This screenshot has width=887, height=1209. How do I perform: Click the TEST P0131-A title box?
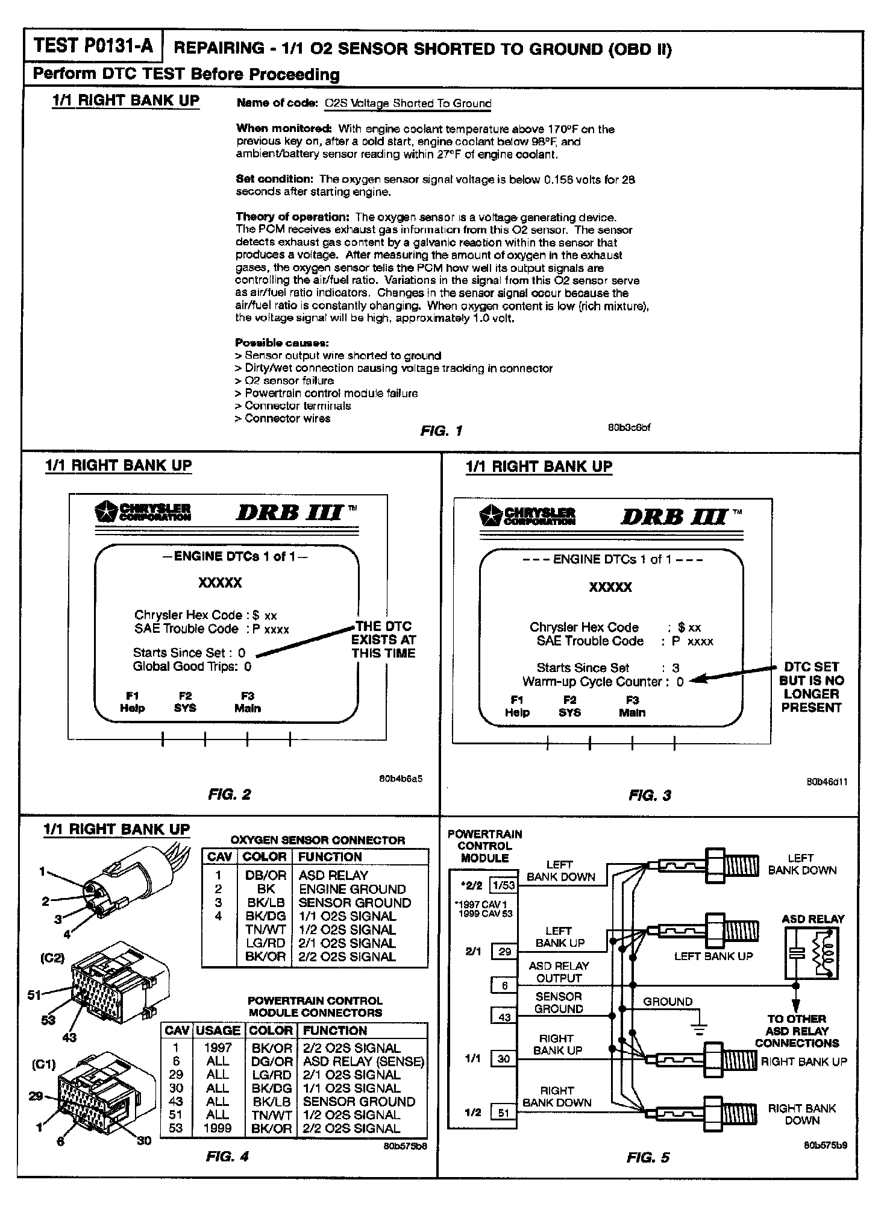coord(93,47)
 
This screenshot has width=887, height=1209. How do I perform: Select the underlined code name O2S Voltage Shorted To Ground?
coord(408,103)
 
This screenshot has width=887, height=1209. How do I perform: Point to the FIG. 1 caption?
coord(442,430)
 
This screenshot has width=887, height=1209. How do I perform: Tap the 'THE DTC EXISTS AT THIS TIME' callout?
coord(383,639)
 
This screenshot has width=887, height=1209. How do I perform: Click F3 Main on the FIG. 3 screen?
coord(632,706)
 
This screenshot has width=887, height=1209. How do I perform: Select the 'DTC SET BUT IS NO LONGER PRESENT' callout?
coord(811,687)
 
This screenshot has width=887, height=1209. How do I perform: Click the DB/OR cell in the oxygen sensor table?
coord(265,875)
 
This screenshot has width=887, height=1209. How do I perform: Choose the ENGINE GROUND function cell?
coord(352,889)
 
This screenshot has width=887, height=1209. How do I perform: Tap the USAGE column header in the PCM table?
coord(218,1031)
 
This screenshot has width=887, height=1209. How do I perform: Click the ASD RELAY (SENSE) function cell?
coord(363,1061)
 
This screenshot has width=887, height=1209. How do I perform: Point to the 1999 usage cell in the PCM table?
coord(218,1128)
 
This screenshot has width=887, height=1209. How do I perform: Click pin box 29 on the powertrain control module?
coord(504,952)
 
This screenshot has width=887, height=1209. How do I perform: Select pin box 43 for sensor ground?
coord(504,1017)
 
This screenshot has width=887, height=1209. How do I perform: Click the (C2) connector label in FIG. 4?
coord(52,958)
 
